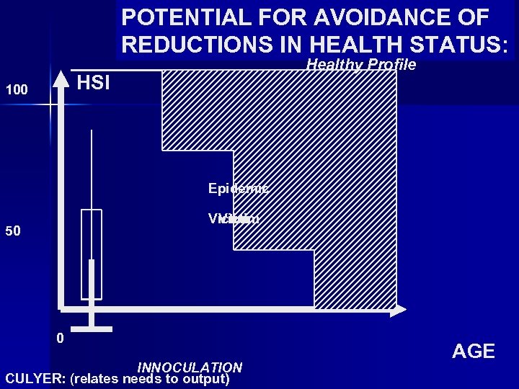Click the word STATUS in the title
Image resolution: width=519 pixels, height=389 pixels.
[x=463, y=45]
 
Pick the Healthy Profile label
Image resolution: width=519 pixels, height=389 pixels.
[x=361, y=65]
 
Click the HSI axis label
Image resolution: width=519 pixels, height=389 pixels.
[x=93, y=83]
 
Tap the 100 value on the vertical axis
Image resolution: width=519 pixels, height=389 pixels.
[x=17, y=91]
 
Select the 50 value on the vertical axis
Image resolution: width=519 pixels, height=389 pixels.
[x=13, y=231]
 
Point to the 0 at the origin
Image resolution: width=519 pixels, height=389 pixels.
[x=61, y=339]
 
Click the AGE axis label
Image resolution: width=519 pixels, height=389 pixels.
[x=473, y=352]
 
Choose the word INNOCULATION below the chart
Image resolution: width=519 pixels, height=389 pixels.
[x=190, y=367]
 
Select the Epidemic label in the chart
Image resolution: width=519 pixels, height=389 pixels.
[x=238, y=189]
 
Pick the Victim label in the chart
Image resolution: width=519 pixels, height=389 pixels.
[x=234, y=220]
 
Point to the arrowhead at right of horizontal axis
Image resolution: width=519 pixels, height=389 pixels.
[x=399, y=310]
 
